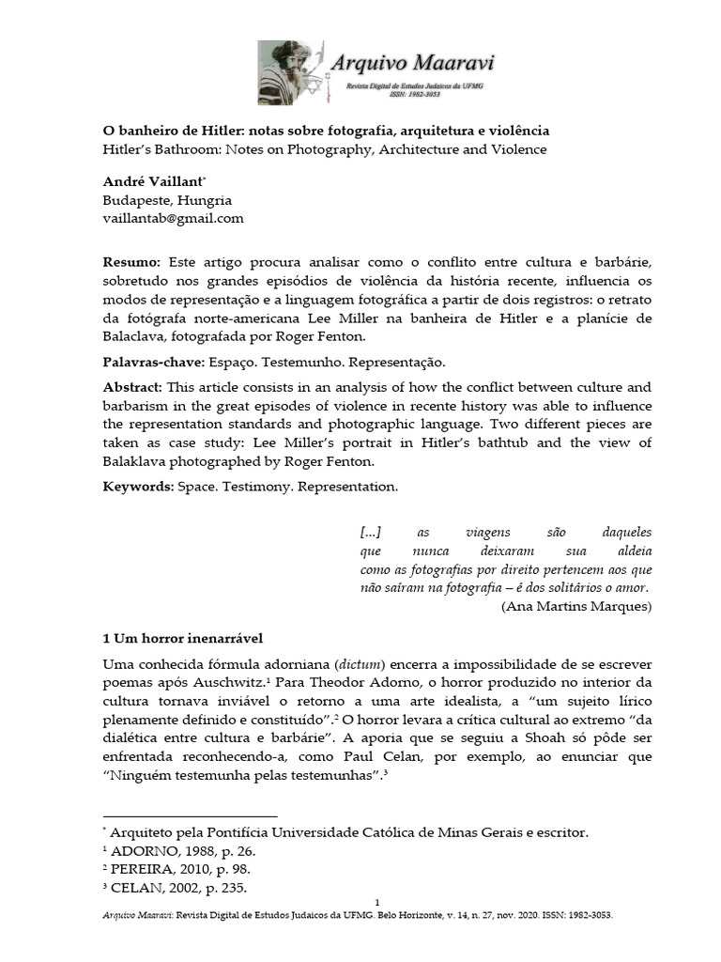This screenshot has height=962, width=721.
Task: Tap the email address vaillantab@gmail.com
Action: point(173,218)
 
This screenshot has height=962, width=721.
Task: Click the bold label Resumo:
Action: point(131,260)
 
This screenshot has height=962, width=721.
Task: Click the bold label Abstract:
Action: point(133,387)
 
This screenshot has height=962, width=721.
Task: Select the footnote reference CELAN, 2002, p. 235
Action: point(180,889)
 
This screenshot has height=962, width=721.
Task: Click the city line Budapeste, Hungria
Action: point(167,200)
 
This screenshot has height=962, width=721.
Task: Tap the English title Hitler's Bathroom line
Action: point(324,148)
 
